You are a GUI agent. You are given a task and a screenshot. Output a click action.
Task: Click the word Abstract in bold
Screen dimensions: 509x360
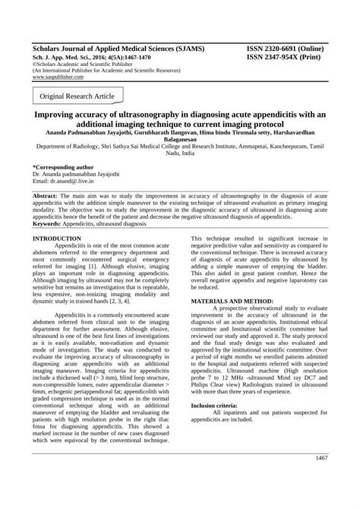click(x=47, y=195)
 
